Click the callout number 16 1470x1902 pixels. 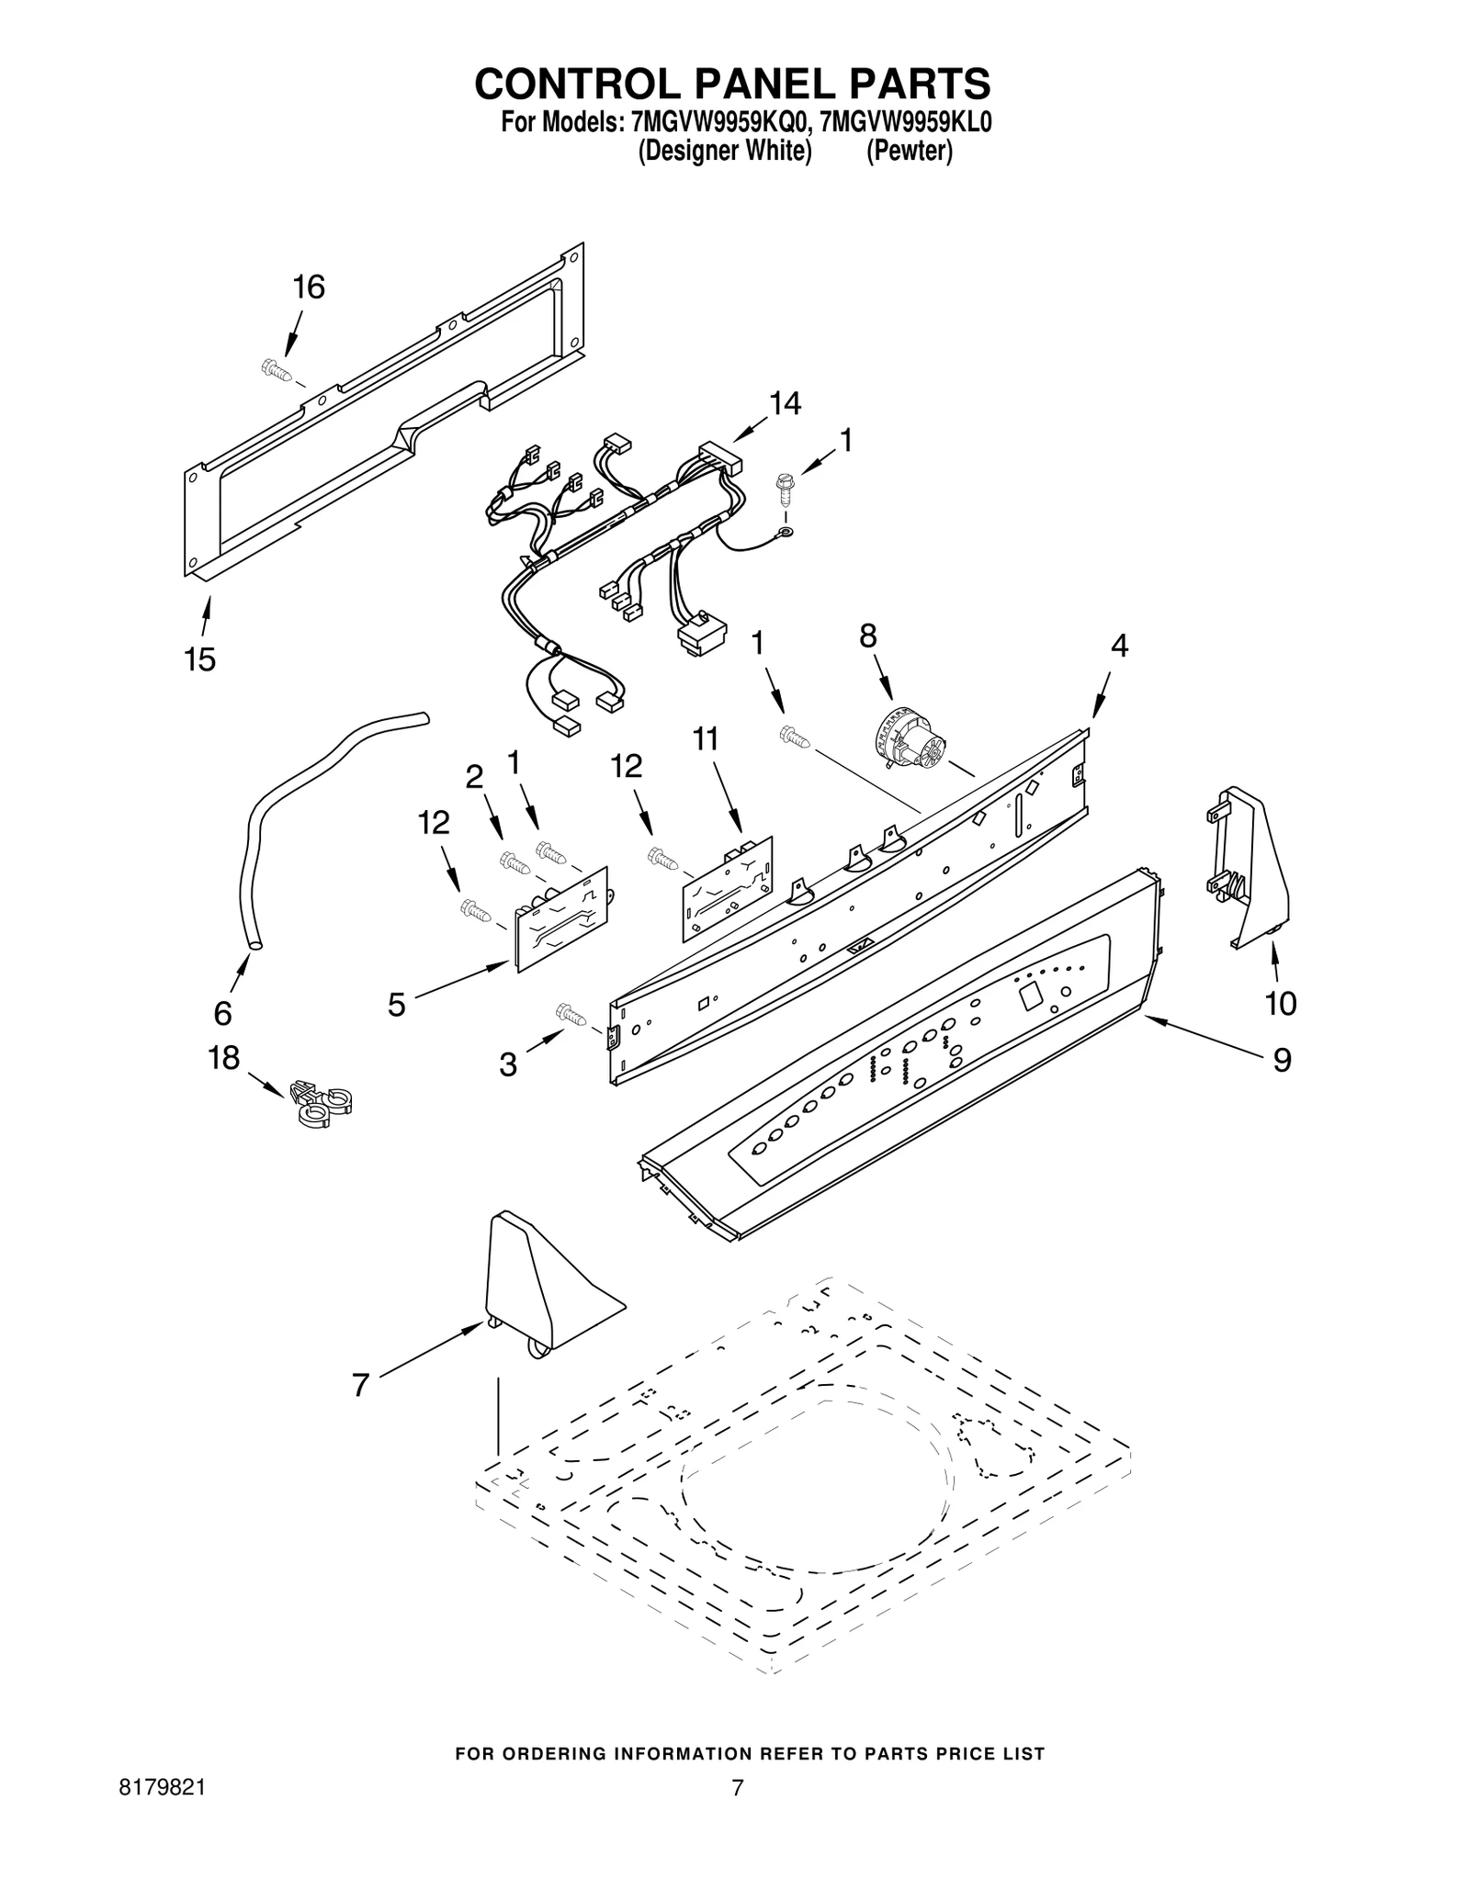click(309, 287)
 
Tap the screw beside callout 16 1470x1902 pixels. click(274, 369)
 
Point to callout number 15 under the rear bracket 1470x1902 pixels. click(200, 658)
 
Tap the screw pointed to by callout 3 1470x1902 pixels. click(571, 1014)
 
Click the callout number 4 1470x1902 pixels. click(1118, 646)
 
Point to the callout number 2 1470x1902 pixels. click(474, 778)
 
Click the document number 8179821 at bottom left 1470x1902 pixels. click(162, 1814)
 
